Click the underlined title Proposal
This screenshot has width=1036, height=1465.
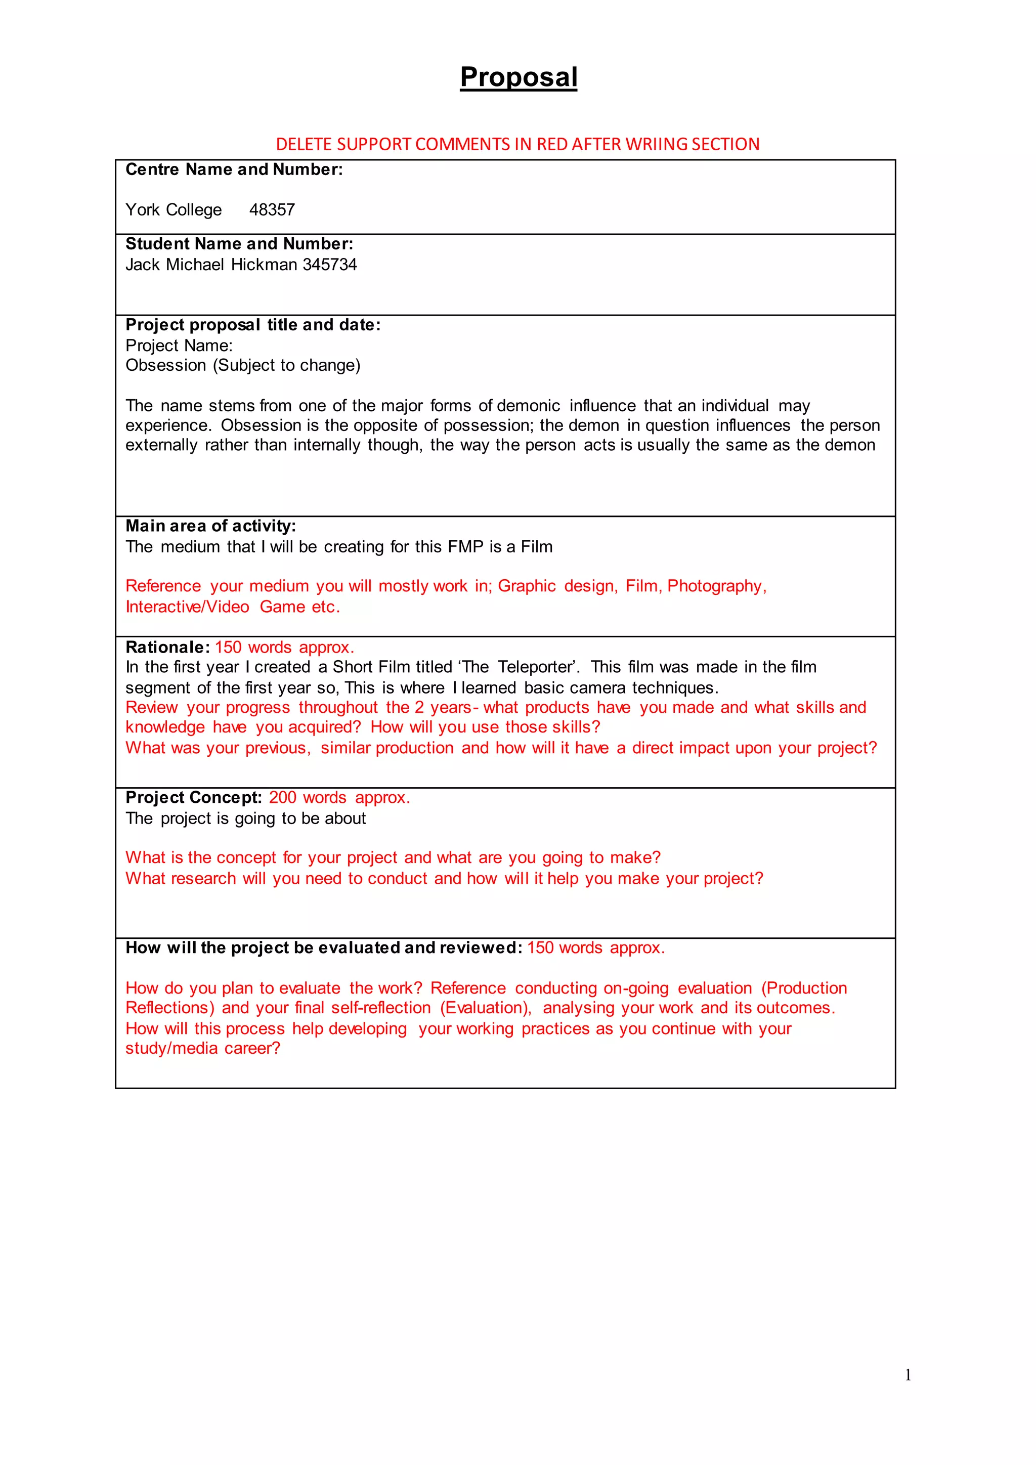(518, 77)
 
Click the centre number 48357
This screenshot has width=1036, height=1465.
(272, 210)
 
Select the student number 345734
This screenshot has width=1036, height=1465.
(330, 265)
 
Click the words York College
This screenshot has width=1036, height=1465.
(174, 210)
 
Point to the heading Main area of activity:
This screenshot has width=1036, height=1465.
(210, 526)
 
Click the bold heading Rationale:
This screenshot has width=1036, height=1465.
(167, 647)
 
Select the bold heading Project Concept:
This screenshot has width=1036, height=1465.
(193, 798)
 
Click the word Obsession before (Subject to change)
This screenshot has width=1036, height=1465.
(165, 366)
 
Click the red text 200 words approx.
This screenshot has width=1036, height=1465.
(339, 798)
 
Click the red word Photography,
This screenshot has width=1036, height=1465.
(716, 586)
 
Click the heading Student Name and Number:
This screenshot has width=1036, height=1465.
(239, 244)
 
